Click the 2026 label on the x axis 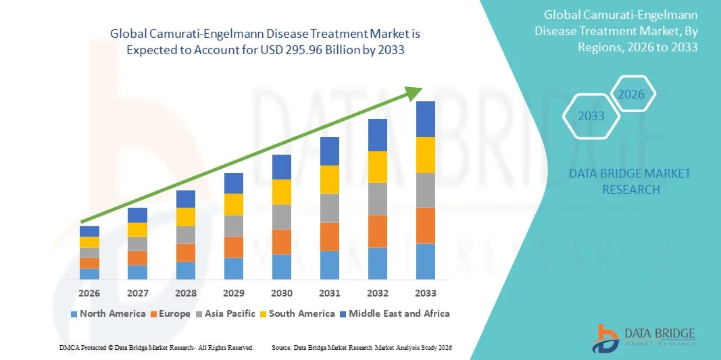89,293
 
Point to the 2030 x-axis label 282,293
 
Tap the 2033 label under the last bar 426,293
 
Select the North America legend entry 107,313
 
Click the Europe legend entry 170,313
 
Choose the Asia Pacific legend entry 226,313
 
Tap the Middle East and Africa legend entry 394,313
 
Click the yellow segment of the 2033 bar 426,155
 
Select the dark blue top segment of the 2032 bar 378,135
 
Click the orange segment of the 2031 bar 330,236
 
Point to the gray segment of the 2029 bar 234,226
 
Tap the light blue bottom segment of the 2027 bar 138,272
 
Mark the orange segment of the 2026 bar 89,263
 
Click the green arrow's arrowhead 415,93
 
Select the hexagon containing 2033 591,116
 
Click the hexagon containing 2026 632,95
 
